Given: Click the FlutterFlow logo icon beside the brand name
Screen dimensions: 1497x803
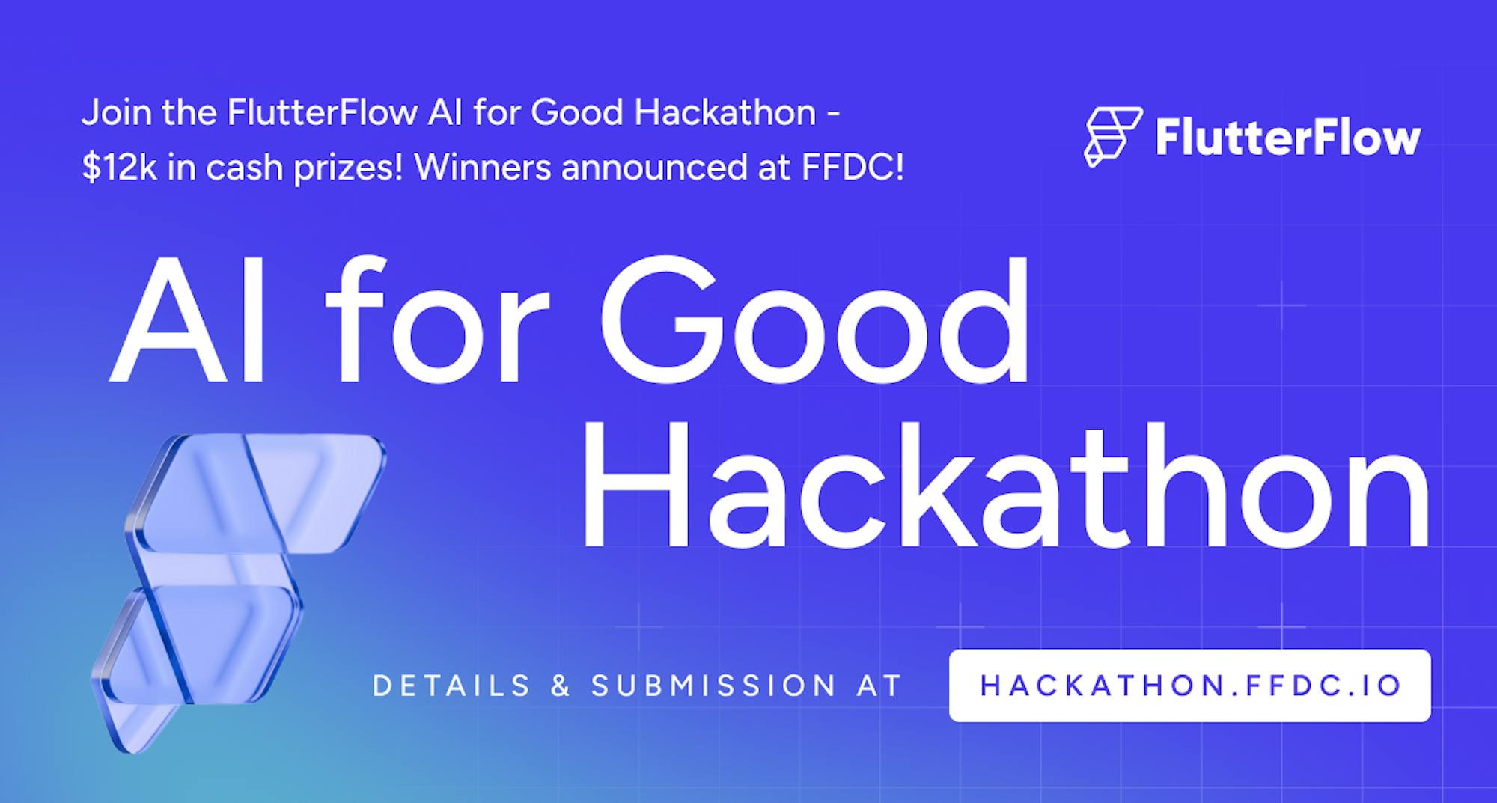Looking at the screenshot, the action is tap(1113, 137).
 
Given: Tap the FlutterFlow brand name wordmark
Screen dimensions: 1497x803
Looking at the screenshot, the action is tap(1288, 138).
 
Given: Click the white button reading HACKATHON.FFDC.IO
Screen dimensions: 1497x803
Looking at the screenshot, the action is tap(1190, 686).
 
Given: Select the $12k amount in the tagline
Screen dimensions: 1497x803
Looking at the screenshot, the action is tap(119, 168).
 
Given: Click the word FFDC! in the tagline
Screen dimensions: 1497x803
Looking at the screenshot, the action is tap(853, 168).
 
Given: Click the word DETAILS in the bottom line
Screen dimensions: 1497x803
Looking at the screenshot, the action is tap(451, 686).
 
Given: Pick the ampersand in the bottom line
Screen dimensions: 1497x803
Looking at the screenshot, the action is tap(561, 686).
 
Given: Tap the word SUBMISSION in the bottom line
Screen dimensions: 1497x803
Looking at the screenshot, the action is tap(714, 686).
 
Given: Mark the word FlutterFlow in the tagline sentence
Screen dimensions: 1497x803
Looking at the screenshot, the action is tap(323, 113).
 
